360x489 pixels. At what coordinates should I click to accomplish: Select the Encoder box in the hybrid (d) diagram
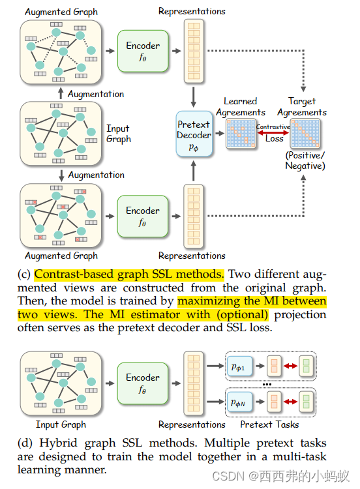click(x=143, y=383)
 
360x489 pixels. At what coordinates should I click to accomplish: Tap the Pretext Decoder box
click(x=194, y=135)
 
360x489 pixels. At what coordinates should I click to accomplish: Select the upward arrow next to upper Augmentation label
click(x=60, y=93)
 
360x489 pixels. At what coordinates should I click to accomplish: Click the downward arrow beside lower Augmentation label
click(x=60, y=175)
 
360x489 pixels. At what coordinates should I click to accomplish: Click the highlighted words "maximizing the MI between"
click(x=251, y=301)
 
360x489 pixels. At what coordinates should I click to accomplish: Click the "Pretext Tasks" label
click(x=269, y=424)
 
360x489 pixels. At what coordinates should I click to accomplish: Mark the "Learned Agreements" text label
click(x=241, y=106)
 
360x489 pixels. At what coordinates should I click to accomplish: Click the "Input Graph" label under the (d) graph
click(x=61, y=424)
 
